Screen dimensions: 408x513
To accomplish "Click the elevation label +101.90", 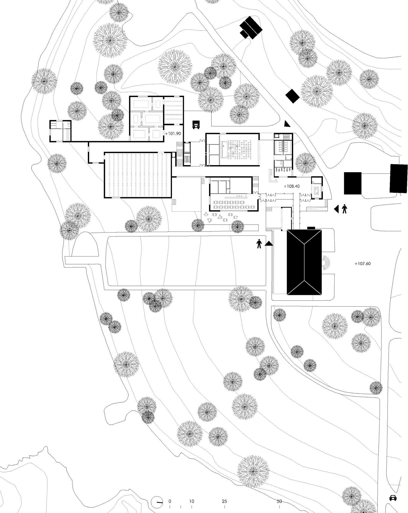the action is pos(173,134).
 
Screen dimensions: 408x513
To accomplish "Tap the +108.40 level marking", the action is pos(292,186).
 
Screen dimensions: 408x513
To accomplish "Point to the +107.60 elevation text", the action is pos(363,264).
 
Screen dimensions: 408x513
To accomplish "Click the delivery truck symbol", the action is pos(196,125).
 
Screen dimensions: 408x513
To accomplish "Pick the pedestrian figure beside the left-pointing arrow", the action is pos(345,209).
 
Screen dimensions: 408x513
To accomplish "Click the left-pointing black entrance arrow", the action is pos(336,209).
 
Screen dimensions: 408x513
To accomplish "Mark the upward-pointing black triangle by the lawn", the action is pos(269,244).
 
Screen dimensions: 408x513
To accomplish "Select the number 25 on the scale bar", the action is pos(224,501).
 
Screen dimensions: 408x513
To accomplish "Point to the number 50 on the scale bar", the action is pos(279,501).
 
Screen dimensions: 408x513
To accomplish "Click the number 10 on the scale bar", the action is pos(191,501).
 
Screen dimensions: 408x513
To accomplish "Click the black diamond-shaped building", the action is pos(292,96).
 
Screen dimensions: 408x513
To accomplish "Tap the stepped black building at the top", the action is pos(251,28).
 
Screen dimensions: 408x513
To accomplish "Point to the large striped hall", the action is pos(138,175).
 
